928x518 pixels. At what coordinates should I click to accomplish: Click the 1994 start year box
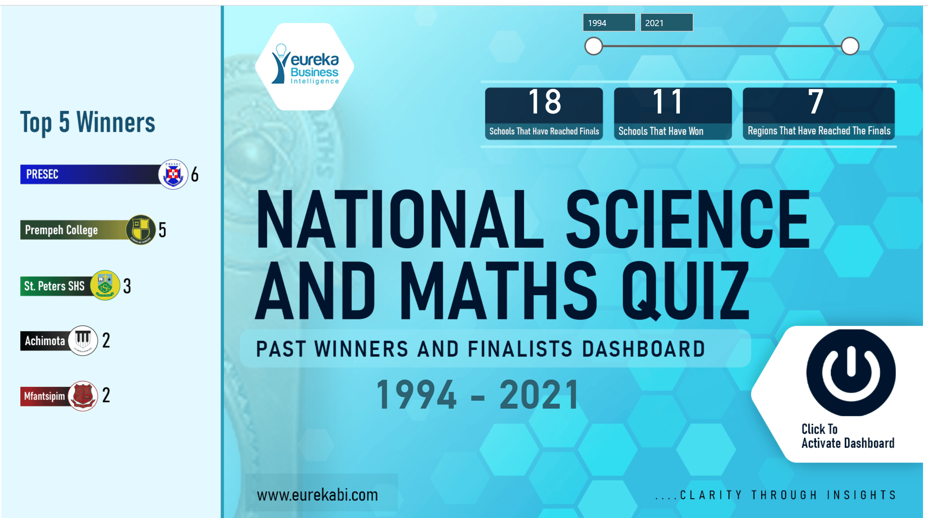[x=609, y=23]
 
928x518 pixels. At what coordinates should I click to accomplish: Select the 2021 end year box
[x=666, y=23]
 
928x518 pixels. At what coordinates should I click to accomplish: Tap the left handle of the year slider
[x=594, y=46]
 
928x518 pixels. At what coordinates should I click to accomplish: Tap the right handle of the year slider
[x=850, y=46]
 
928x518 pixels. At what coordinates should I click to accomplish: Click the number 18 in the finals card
[x=544, y=102]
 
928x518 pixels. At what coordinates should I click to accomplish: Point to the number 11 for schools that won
[x=668, y=102]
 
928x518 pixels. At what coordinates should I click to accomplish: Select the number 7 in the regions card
[x=816, y=102]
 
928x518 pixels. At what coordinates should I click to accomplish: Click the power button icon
[x=851, y=372]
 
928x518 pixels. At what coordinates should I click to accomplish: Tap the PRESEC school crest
[x=173, y=174]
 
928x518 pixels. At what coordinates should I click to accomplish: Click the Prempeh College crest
[x=140, y=230]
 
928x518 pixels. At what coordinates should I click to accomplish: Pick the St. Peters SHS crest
[x=105, y=285]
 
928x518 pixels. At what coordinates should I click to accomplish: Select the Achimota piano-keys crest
[x=82, y=340]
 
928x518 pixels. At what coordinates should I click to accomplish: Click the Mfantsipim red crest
[x=82, y=396]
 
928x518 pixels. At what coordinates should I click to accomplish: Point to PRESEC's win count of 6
[x=195, y=175]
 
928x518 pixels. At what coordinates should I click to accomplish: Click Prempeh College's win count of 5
[x=163, y=230]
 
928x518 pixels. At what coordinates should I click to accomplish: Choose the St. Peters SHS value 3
[x=127, y=286]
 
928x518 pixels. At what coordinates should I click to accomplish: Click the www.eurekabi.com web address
[x=317, y=495]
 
